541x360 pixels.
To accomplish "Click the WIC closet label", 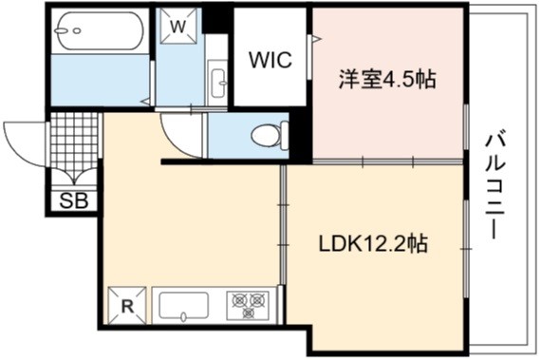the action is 270,60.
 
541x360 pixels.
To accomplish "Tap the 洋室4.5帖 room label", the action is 387,79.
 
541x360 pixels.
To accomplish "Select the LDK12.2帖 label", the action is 373,244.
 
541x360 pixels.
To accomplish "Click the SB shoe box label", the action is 73,200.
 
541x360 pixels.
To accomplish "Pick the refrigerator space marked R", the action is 127,306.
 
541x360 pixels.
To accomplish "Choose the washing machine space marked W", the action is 178,26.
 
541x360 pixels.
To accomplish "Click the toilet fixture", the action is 270,136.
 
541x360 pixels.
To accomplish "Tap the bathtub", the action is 99,31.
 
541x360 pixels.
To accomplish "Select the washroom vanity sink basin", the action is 218,84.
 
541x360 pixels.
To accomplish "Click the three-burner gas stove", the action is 248,306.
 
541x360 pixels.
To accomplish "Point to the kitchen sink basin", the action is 183,306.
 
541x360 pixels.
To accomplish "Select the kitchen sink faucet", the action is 183,316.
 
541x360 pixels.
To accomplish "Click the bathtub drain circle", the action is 77,30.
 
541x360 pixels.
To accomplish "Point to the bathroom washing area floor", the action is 100,80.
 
